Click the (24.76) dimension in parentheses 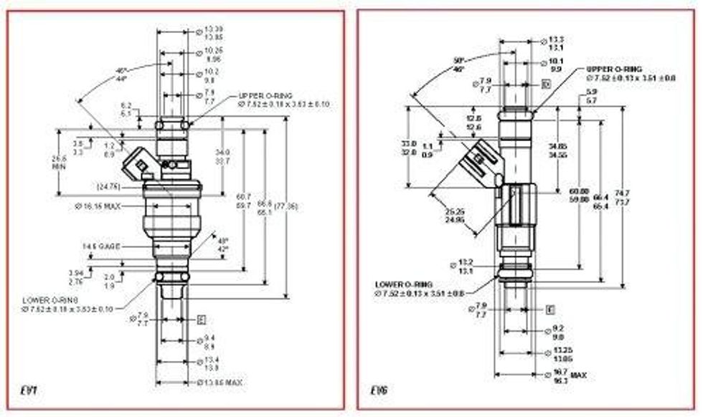pyautogui.click(x=108, y=187)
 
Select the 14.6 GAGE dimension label pyautogui.click(x=100, y=246)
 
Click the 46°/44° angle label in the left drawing pyautogui.click(x=121, y=74)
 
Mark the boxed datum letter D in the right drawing pyautogui.click(x=547, y=85)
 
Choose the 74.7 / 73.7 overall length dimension pyautogui.click(x=623, y=198)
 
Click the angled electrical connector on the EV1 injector pyautogui.click(x=138, y=166)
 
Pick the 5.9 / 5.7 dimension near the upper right pyautogui.click(x=592, y=97)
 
